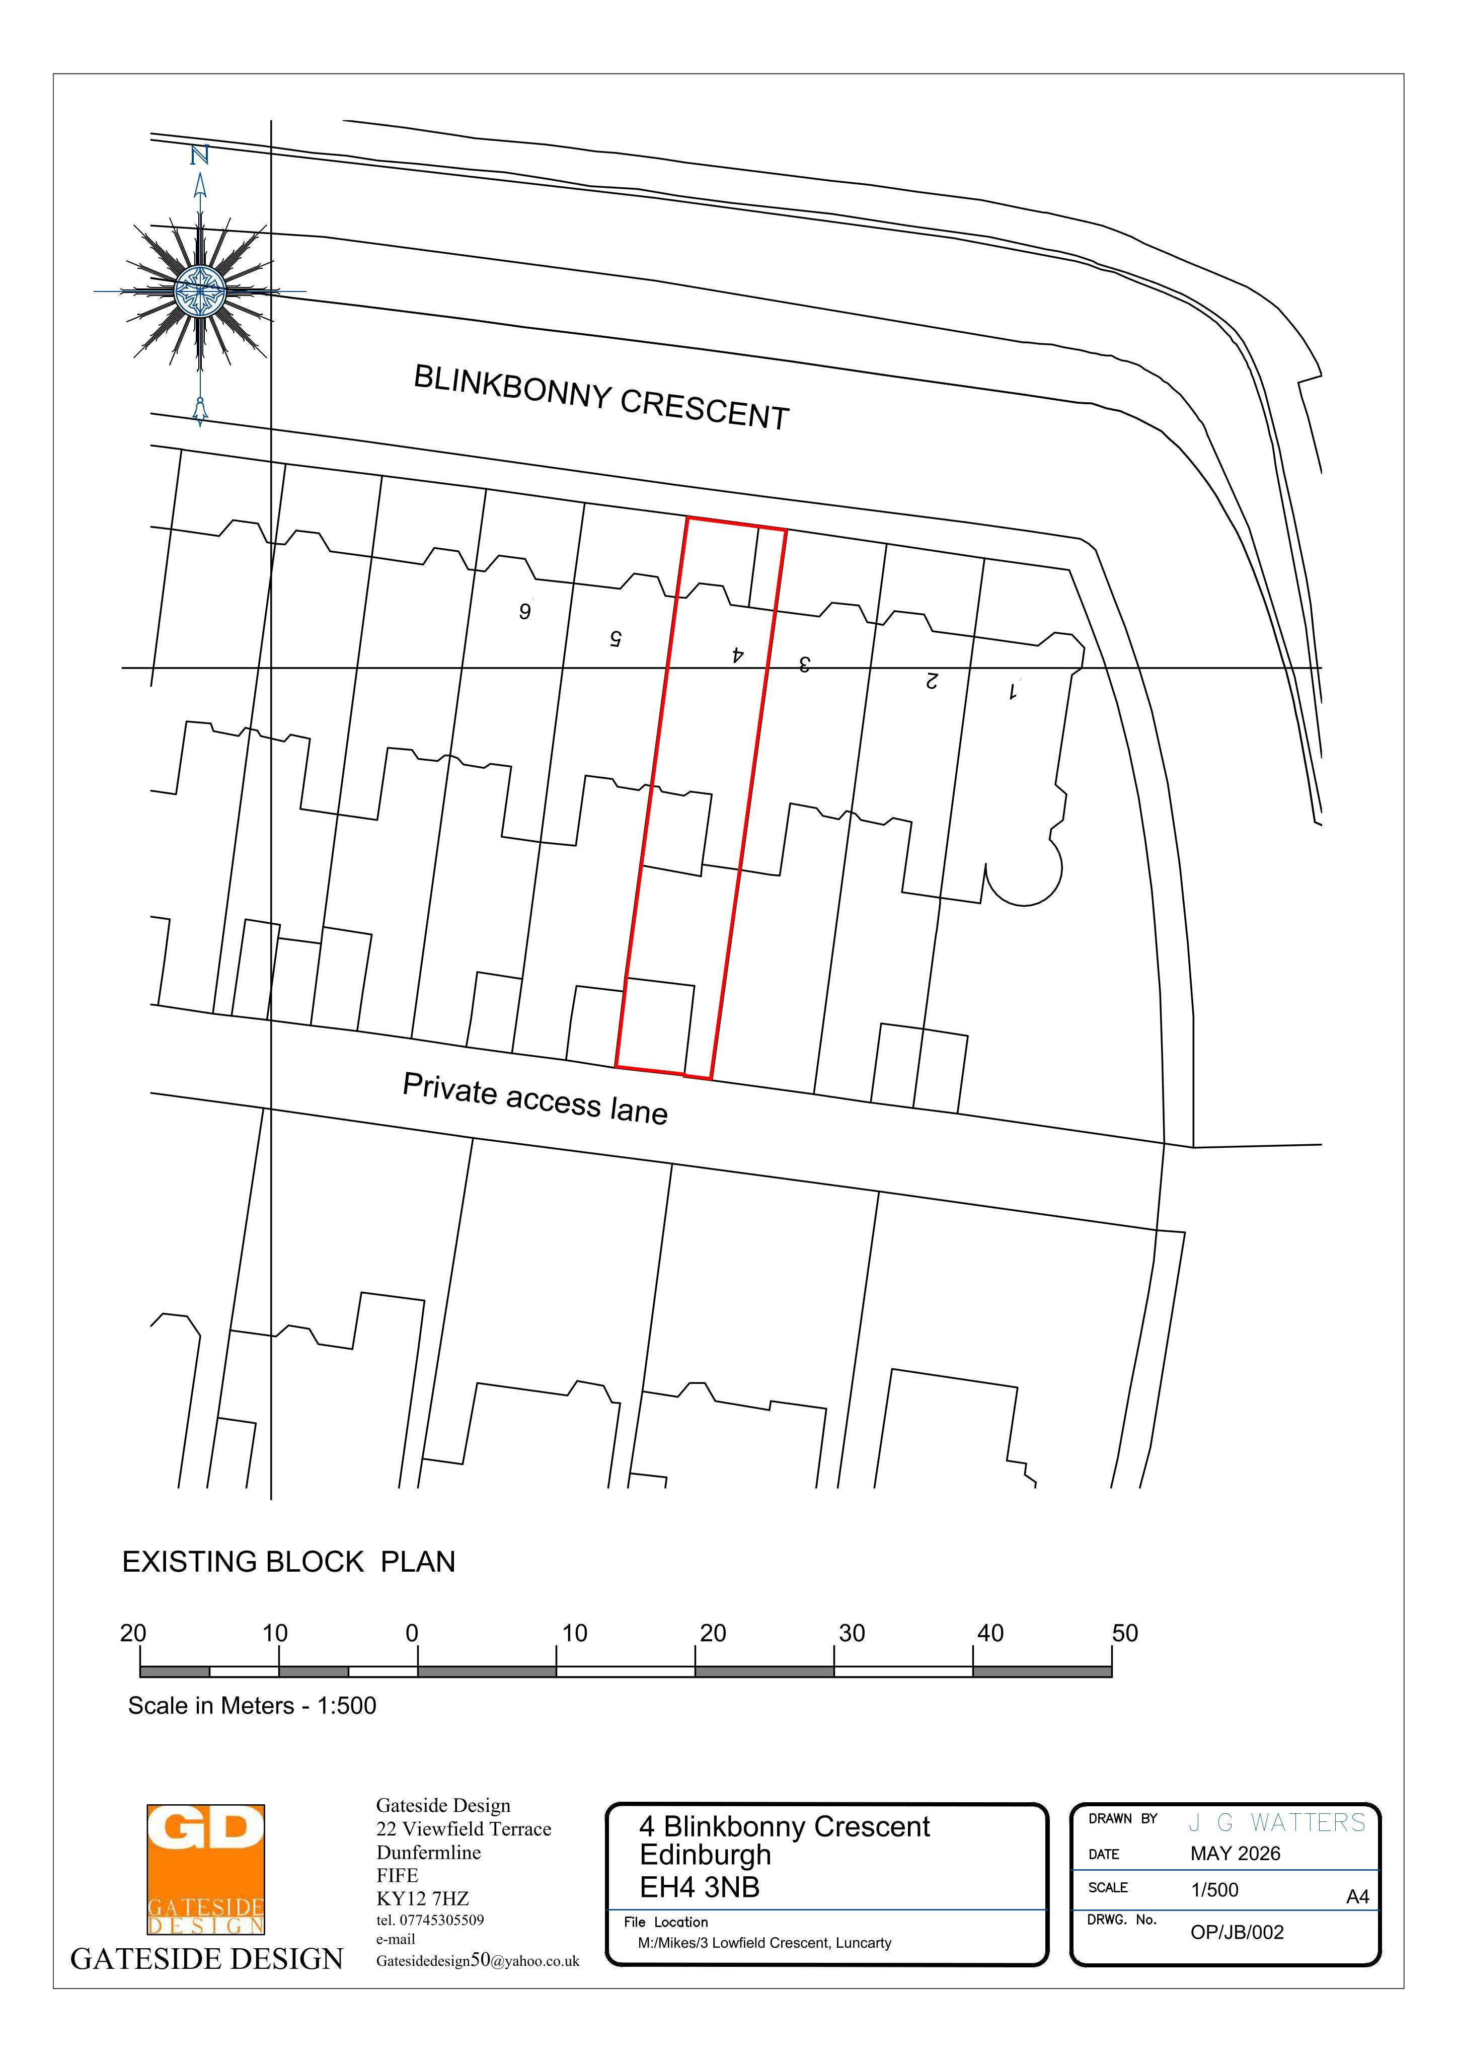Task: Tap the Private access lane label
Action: click(535, 1098)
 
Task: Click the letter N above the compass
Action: click(199, 156)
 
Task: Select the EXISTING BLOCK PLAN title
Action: click(289, 1562)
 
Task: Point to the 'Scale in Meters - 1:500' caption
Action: click(252, 1706)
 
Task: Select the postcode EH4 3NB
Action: click(700, 1888)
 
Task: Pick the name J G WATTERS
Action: click(1276, 1822)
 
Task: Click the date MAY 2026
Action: click(1235, 1854)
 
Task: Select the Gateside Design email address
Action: click(478, 1961)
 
